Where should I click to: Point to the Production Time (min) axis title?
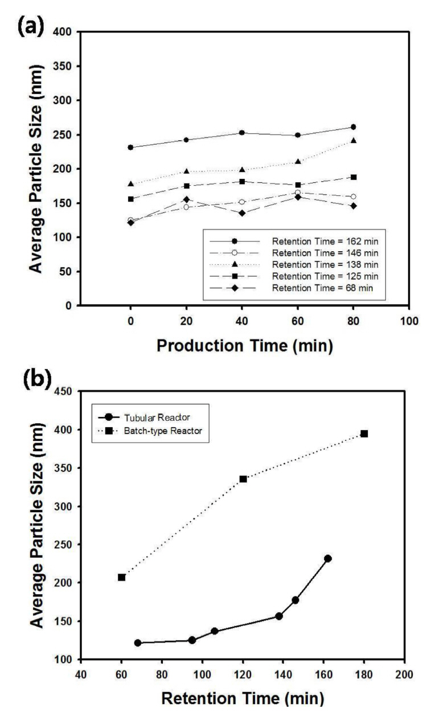pos(244,345)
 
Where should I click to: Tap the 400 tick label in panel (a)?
pos(65,32)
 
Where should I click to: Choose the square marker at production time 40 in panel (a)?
pos(242,182)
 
